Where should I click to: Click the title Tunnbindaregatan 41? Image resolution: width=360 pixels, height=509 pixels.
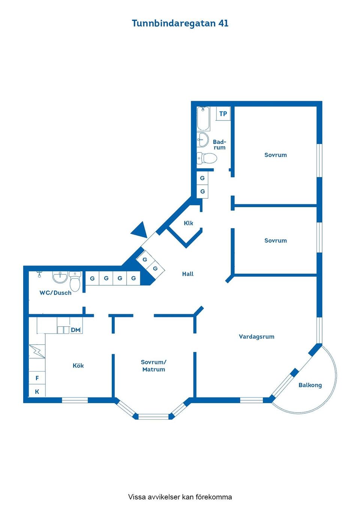(180, 23)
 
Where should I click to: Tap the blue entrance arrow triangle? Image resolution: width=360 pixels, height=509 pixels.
(139, 230)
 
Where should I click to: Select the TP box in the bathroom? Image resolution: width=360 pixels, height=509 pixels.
(223, 114)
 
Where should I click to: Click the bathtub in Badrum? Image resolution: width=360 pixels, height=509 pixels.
(203, 118)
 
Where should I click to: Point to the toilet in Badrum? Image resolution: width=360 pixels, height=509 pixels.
(207, 158)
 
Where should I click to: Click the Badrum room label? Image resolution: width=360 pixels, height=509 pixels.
(219, 145)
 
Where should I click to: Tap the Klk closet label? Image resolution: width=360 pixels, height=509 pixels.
(188, 223)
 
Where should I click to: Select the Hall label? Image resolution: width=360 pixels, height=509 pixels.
(188, 274)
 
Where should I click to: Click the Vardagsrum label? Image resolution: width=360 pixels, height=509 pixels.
(256, 337)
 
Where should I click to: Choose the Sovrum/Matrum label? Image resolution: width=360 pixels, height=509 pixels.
(154, 366)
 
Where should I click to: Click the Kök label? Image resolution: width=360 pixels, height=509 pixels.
(78, 365)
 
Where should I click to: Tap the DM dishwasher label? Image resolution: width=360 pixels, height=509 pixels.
(75, 330)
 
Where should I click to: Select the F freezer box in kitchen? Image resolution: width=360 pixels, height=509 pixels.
(37, 378)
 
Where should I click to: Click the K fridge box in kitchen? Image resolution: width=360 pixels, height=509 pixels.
(37, 392)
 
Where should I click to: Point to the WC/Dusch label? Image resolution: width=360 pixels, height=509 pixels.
(55, 293)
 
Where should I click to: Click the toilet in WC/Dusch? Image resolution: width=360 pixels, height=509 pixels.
(75, 281)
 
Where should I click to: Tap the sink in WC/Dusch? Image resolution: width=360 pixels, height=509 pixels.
(60, 277)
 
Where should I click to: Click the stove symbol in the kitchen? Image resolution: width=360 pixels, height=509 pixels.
(37, 351)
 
